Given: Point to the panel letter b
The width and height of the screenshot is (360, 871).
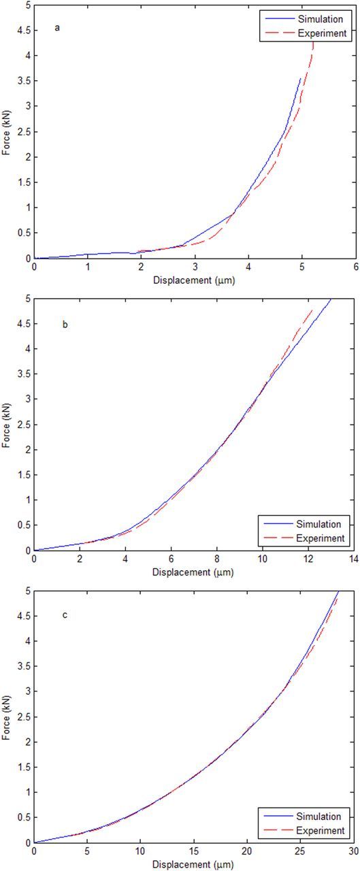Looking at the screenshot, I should tap(65, 325).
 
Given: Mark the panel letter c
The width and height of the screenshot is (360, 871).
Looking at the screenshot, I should tap(65, 616).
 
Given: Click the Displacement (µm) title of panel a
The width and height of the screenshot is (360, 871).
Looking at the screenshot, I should tap(195, 276).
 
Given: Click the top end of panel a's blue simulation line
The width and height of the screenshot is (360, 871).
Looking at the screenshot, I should tap(300, 78).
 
